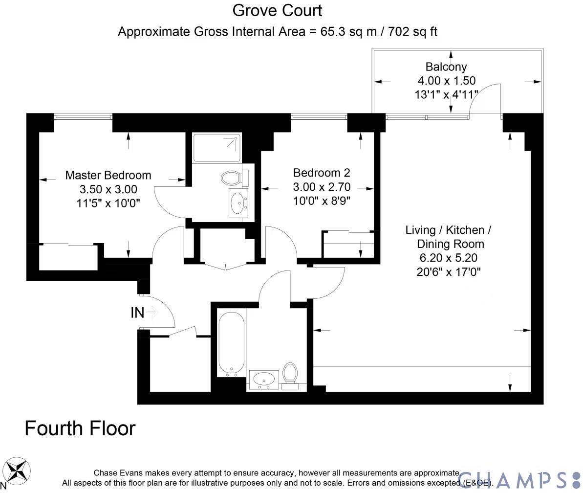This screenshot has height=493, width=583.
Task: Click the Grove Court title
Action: tap(277, 10)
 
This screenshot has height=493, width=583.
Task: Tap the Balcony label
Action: tap(446, 67)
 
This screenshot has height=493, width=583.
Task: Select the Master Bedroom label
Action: tap(108, 175)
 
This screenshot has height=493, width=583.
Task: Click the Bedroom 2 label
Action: tap(322, 173)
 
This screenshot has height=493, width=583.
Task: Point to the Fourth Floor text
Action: tap(80, 428)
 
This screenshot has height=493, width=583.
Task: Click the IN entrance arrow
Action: tap(152, 312)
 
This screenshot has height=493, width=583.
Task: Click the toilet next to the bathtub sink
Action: tap(290, 374)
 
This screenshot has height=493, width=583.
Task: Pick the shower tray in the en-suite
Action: tap(216, 147)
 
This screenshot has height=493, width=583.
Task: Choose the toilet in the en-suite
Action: tap(231, 177)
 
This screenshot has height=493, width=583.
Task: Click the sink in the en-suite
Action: tap(238, 202)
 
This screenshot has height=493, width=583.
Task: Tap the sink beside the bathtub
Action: tap(264, 380)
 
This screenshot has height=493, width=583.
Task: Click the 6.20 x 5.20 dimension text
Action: tap(448, 258)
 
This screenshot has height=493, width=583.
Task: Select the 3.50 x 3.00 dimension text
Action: tap(108, 189)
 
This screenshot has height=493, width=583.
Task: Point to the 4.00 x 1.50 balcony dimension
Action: tap(446, 81)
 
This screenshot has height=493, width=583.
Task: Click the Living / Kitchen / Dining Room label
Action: tap(448, 237)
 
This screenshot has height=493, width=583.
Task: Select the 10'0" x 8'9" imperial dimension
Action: tap(322, 200)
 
